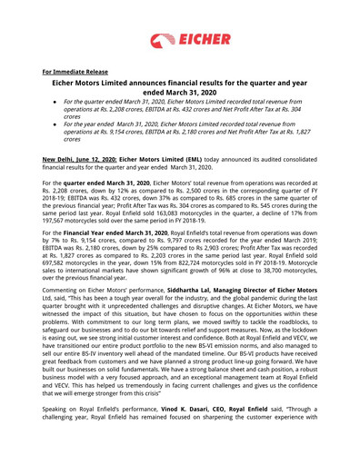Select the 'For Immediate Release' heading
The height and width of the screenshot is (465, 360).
[x=75, y=71]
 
